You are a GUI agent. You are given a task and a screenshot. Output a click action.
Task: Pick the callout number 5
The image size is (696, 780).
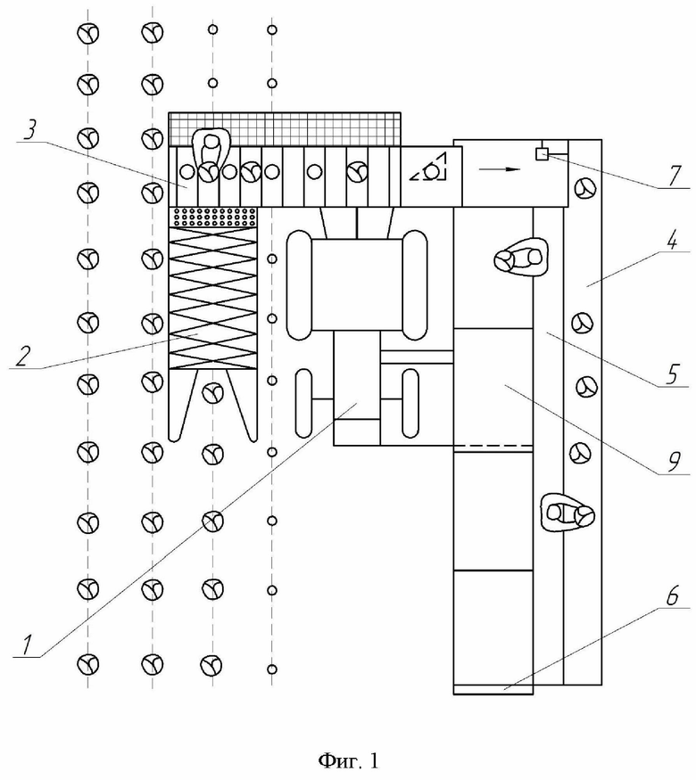[672, 374]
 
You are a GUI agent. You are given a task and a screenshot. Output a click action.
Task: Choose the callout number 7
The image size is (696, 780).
[675, 176]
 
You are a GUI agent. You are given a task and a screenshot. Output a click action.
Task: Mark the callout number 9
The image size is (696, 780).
[673, 463]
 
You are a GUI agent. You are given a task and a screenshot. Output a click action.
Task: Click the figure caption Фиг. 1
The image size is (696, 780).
[348, 759]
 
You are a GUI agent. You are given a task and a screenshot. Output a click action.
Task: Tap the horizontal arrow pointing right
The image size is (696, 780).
[500, 169]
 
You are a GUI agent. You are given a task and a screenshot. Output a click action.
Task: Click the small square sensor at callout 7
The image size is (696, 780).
[542, 154]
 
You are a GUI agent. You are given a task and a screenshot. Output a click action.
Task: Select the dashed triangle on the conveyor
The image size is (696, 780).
[428, 168]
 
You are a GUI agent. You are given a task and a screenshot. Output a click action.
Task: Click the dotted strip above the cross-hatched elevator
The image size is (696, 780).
[213, 217]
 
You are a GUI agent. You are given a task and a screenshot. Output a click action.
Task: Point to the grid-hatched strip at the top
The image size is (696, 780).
[285, 129]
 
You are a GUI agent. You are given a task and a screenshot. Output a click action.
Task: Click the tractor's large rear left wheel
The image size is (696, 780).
[299, 285]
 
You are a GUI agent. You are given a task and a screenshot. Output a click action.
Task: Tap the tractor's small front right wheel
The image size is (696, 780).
[410, 404]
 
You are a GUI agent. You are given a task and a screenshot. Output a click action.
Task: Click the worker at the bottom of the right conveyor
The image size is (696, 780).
[568, 513]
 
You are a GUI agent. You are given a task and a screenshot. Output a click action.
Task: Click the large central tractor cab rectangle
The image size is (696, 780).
[356, 285]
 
